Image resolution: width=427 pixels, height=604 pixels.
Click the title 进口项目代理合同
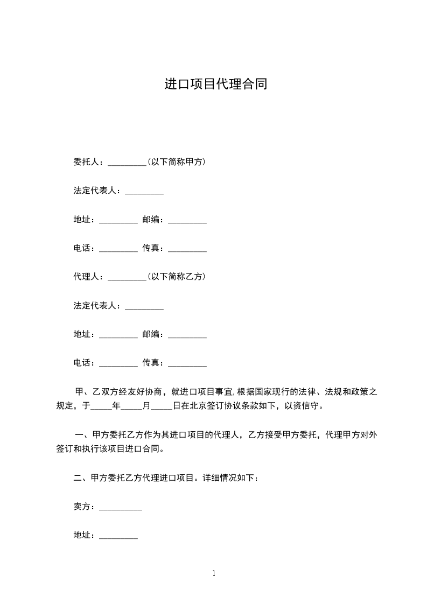pos(215,85)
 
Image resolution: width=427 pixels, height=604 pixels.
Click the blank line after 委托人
pos(127,163)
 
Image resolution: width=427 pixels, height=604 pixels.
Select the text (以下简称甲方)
pos(176,162)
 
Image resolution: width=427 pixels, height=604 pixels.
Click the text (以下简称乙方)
pos(176,277)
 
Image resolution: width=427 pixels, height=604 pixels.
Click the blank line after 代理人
pos(127,278)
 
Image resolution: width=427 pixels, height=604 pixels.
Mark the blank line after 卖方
pos(121,508)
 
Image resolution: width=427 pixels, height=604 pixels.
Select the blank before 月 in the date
pos(131,407)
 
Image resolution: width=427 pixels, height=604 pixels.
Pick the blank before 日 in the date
pos(162,407)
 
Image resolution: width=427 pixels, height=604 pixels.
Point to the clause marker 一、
pos(82,434)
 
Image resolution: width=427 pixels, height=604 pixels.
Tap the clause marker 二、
pos(82,477)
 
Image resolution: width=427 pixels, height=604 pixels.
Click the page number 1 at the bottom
pos(214,574)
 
